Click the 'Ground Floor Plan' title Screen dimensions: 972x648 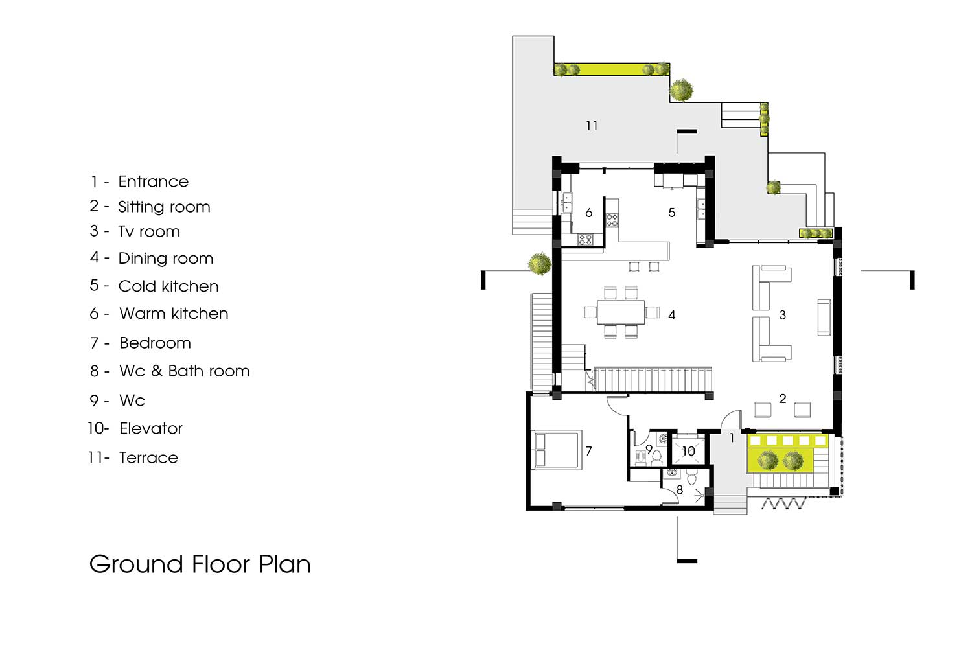coord(200,564)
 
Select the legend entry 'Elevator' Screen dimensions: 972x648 coord(150,428)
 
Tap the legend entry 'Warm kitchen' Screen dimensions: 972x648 coord(174,314)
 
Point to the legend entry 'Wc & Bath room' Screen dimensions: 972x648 coord(185,371)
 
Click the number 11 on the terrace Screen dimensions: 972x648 coord(592,126)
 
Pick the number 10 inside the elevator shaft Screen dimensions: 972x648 coord(688,452)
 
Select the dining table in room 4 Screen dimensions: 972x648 coord(621,312)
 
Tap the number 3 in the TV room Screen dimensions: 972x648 coord(782,315)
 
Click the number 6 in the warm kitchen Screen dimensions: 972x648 coord(589,213)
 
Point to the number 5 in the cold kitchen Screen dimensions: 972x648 coord(672,213)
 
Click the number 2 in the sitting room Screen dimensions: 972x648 coord(782,399)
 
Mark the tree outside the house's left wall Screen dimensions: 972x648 coord(539,264)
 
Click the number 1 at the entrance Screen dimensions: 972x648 coord(732,438)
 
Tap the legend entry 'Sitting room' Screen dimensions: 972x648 coord(164,207)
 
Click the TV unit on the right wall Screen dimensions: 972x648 coord(824,318)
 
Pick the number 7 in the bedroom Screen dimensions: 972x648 coord(589,452)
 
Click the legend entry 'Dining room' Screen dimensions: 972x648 coord(166,259)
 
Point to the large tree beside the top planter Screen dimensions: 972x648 coord(681,90)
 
